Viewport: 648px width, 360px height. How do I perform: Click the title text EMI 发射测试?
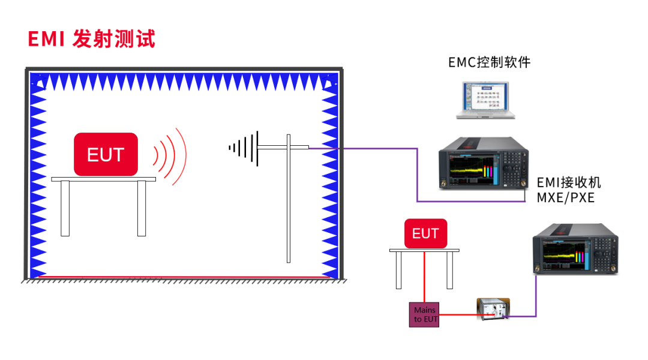click(x=91, y=39)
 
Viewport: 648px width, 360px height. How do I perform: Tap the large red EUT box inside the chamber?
click(x=106, y=154)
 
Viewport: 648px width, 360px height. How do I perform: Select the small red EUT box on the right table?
click(x=425, y=233)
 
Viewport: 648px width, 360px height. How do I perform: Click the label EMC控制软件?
click(x=490, y=62)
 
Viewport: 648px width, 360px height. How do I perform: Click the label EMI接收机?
click(x=568, y=182)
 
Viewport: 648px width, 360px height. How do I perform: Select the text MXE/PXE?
click(x=565, y=197)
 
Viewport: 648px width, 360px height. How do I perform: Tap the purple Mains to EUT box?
click(x=425, y=314)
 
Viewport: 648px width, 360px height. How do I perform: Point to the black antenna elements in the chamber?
click(x=245, y=146)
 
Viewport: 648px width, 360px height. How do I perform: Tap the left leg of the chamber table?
click(x=65, y=208)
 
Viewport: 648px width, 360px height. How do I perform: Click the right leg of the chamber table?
click(x=142, y=208)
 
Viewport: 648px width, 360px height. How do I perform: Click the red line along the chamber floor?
click(x=180, y=277)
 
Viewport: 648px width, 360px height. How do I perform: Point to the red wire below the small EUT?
click(x=425, y=276)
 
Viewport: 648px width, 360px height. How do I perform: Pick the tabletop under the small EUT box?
click(x=424, y=250)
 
